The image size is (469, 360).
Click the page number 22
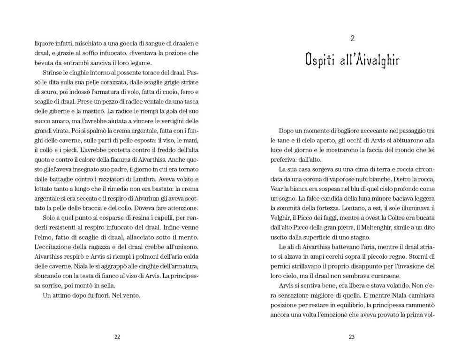(x=117, y=336)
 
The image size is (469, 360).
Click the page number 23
(x=352, y=336)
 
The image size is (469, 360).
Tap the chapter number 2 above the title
(x=352, y=38)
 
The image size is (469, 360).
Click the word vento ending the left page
(x=131, y=296)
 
